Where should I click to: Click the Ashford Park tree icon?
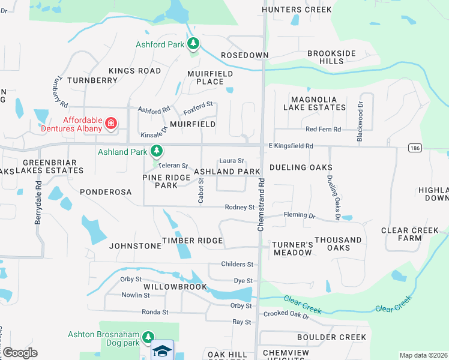(193, 44)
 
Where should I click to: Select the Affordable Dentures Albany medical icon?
(110, 124)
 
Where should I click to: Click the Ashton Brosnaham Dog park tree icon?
(148, 338)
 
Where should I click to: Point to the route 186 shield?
(412, 148)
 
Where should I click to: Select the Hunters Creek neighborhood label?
(297, 10)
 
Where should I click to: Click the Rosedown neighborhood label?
(245, 55)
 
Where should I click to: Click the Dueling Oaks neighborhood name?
(301, 167)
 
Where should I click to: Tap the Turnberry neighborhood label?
(92, 80)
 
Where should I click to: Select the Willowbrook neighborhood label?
(175, 287)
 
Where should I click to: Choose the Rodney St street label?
(240, 208)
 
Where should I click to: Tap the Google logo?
(20, 353)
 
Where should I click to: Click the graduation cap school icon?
(162, 350)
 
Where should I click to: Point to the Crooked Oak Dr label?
(285, 314)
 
